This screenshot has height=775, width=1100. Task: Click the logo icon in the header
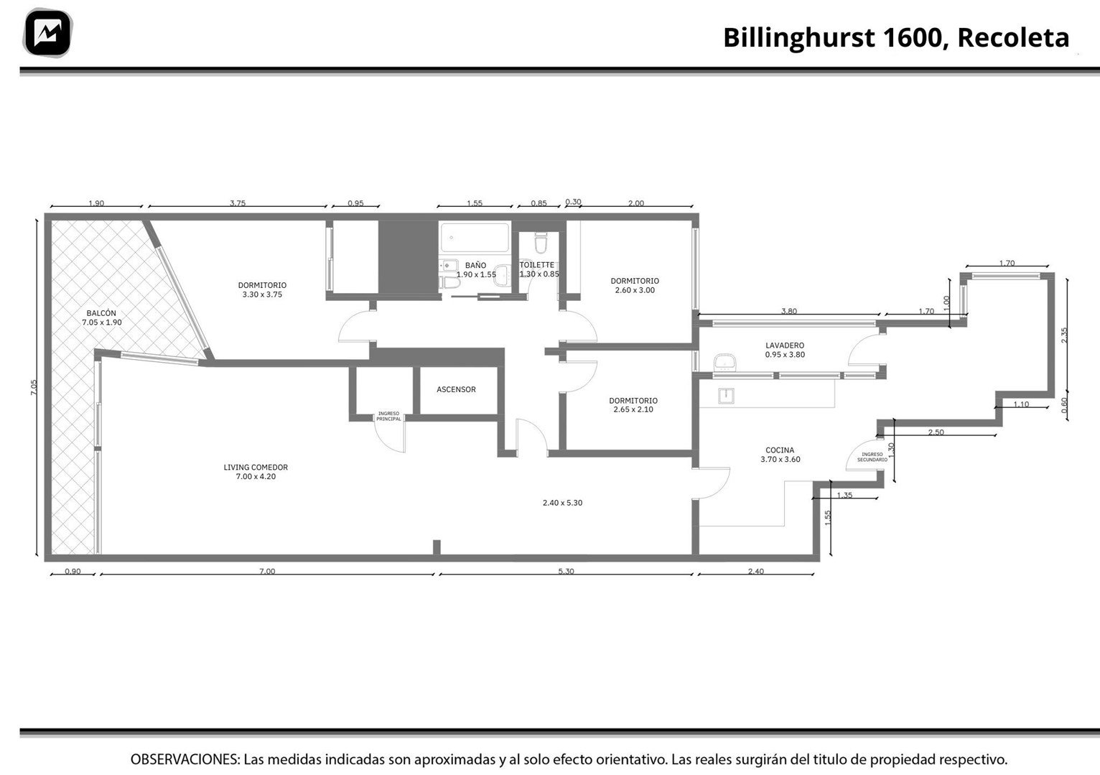[x=47, y=33]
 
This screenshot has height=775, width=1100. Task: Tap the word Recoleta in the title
[x=1013, y=37]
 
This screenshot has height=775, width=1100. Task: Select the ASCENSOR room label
[x=456, y=389]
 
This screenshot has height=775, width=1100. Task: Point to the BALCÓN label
[x=101, y=313]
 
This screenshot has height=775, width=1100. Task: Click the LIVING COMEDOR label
[x=256, y=467]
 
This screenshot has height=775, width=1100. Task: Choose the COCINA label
[x=780, y=450]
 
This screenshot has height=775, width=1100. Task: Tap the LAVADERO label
[x=785, y=345]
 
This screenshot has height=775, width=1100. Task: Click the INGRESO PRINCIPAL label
[x=388, y=416]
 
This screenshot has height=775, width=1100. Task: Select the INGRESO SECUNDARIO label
[x=872, y=457]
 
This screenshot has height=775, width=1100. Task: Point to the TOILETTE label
[x=537, y=265]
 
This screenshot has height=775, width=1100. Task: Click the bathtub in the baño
[x=475, y=238]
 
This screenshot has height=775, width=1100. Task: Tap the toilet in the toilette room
[x=541, y=242]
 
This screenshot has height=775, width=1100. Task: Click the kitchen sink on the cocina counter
[x=727, y=395]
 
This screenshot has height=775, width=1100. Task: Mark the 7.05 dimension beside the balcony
[x=34, y=387]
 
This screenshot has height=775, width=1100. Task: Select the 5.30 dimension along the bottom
[x=566, y=571]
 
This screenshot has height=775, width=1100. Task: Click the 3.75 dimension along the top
[x=238, y=203]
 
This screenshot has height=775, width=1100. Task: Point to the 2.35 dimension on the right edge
[x=1063, y=335]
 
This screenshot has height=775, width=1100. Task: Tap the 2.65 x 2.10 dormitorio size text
[x=633, y=409]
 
